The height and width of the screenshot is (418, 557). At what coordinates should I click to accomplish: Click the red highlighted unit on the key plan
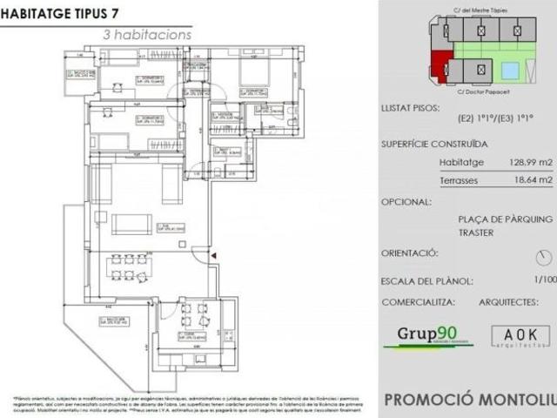tap(441, 64)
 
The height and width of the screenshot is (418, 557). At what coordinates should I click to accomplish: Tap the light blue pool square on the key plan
tap(513, 68)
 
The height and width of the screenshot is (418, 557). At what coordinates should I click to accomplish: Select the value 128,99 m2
tap(530, 162)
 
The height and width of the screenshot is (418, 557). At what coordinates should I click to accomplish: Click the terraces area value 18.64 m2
tap(530, 180)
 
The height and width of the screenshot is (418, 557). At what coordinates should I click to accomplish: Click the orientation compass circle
tap(544, 257)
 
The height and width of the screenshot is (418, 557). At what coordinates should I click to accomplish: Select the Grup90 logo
tap(426, 335)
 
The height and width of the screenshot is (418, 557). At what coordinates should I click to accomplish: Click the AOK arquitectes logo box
tap(520, 336)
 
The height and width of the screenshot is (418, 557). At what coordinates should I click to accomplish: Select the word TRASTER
tap(477, 233)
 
